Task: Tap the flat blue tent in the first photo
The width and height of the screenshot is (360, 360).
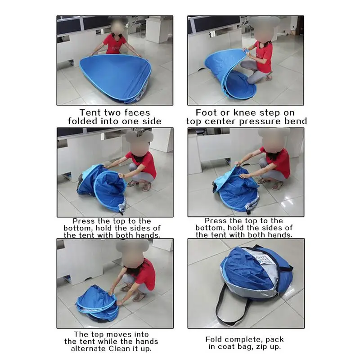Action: tap(115, 74)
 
